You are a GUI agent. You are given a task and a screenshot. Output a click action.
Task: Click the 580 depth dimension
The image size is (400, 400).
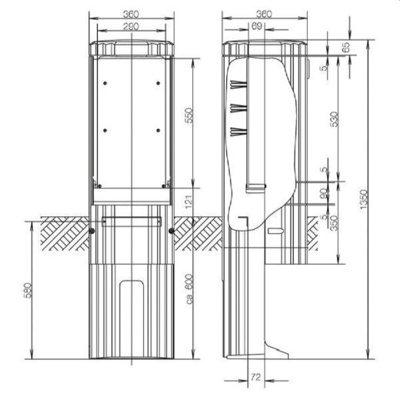click(28, 291)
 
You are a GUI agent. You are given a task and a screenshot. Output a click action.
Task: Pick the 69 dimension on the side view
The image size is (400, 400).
click(256, 26)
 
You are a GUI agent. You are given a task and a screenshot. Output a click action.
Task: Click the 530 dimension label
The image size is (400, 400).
click(333, 121)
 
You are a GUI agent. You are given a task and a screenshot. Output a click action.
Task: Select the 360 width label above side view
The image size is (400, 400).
click(264, 14)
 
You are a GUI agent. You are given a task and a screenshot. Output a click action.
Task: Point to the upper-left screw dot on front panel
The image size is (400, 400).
click(108, 84)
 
